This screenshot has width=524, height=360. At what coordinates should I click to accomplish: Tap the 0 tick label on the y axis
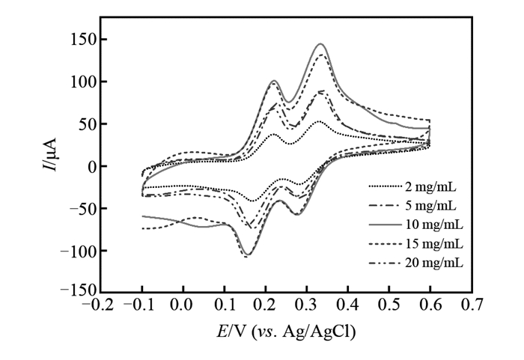point(91,166)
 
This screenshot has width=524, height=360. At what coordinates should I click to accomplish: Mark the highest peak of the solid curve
point(322,44)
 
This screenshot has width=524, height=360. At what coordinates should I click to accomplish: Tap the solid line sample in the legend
point(383,224)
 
